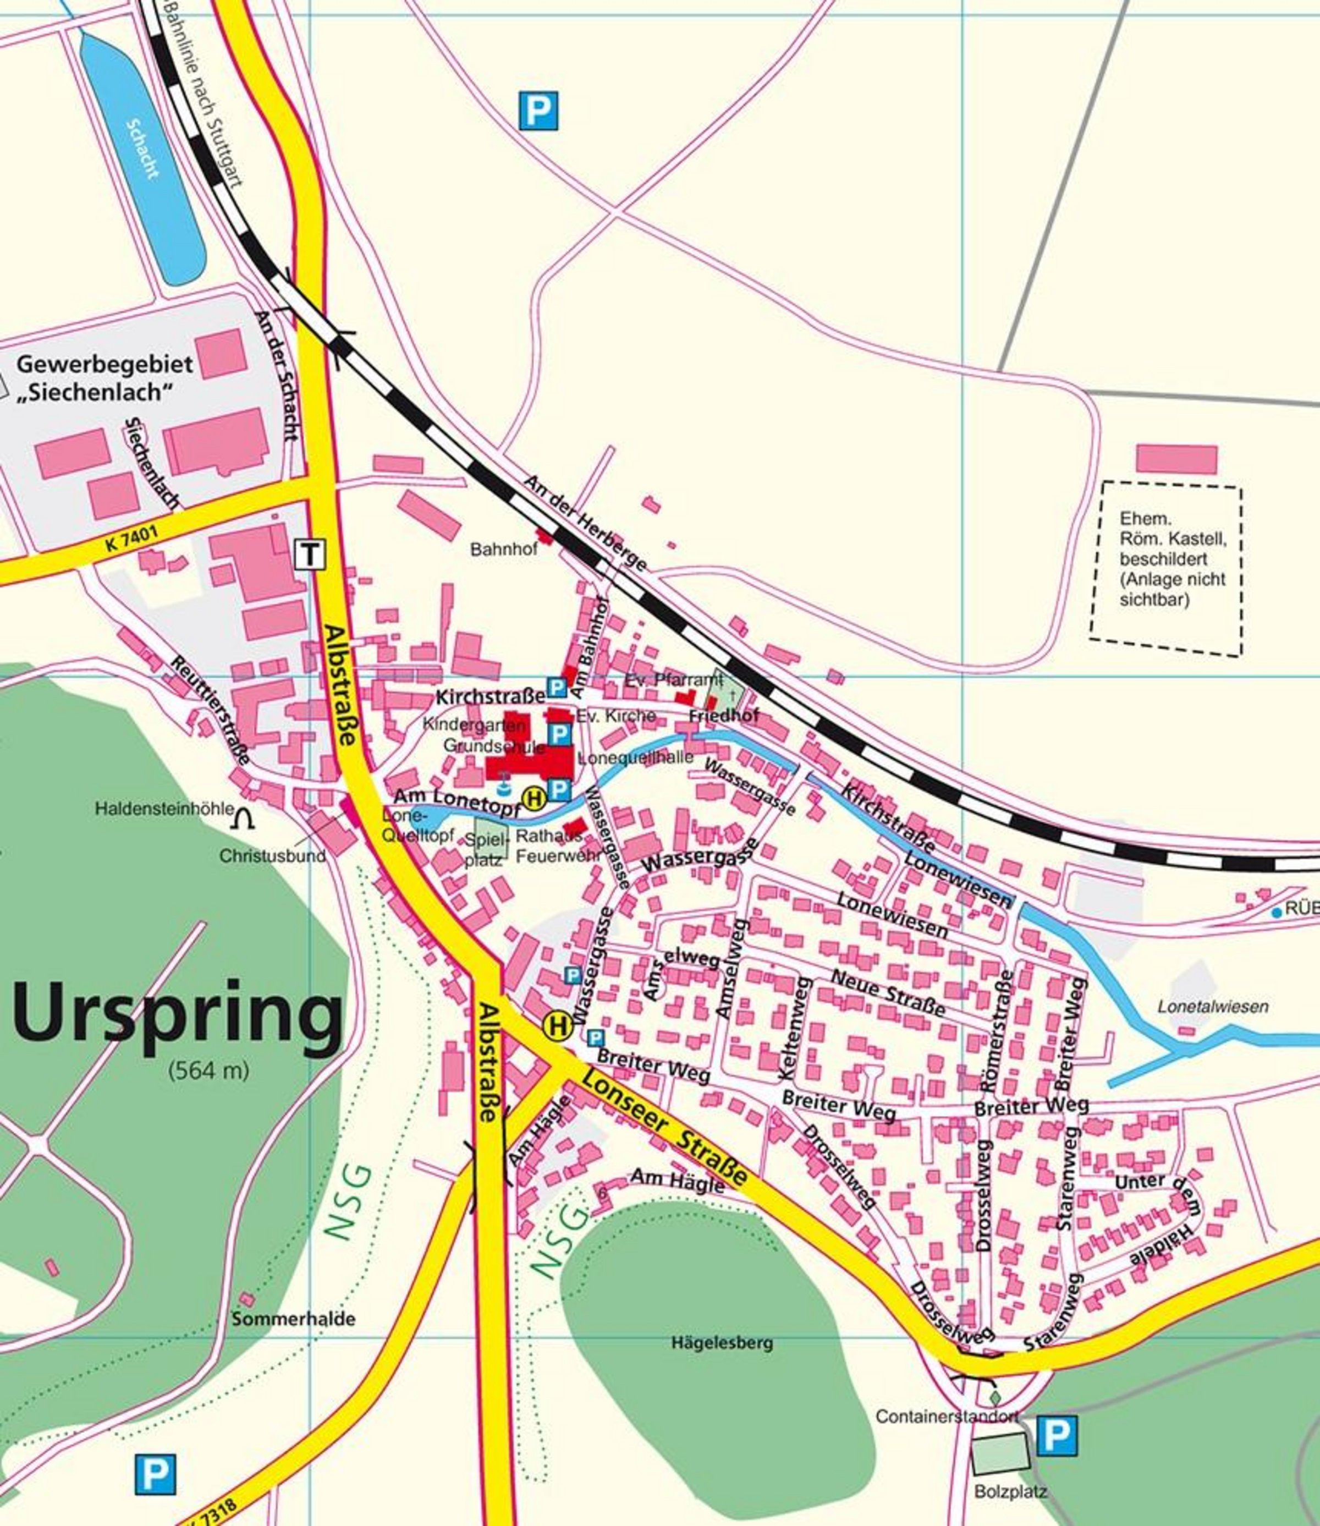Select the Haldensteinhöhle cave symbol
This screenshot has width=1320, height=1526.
(x=244, y=818)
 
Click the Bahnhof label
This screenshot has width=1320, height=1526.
(x=504, y=550)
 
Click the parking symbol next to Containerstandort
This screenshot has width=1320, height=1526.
(x=1057, y=1435)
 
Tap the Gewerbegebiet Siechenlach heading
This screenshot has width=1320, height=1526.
(x=104, y=378)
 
